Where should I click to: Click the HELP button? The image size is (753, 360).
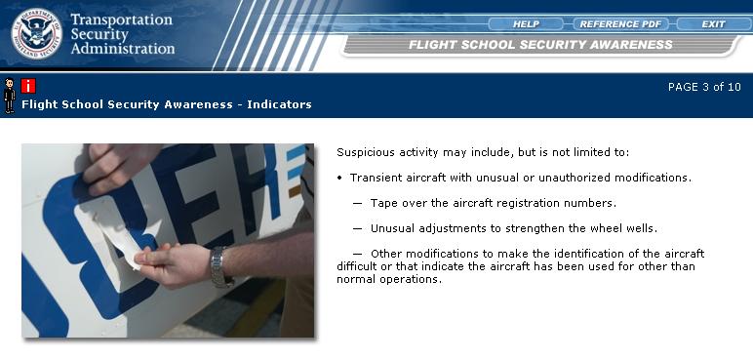click(526, 24)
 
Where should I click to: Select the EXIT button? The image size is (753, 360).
click(713, 24)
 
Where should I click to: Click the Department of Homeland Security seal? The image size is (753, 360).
click(36, 33)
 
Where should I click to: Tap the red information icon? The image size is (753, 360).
click(28, 86)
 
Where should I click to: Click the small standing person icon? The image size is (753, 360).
click(9, 96)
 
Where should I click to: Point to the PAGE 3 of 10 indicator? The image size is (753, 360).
click(704, 87)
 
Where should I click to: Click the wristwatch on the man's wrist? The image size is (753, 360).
click(219, 266)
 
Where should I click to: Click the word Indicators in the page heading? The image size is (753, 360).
click(279, 104)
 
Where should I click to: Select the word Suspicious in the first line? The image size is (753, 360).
click(364, 153)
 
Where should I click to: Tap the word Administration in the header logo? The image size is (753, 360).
click(123, 49)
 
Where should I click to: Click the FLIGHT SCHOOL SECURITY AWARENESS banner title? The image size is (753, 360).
click(540, 45)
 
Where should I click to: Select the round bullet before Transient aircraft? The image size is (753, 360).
click(340, 179)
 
